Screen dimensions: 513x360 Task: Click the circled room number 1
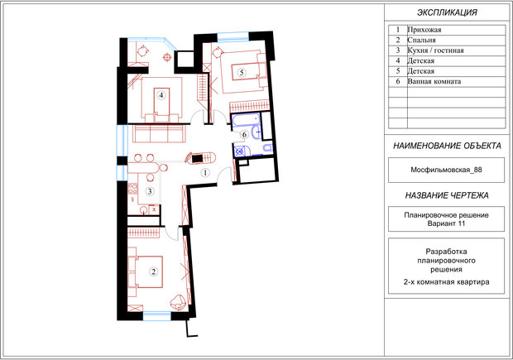click(205, 172)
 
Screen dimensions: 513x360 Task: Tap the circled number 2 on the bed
click(153, 271)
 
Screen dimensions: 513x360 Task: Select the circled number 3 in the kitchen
click(150, 191)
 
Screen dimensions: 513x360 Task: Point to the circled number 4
click(161, 95)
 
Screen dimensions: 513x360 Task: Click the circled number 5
click(242, 72)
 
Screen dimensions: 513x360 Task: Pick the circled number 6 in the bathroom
click(244, 135)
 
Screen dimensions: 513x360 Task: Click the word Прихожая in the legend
click(424, 30)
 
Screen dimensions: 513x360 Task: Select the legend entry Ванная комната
click(434, 81)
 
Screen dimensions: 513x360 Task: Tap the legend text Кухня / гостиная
click(435, 50)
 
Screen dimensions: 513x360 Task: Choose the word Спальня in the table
click(421, 41)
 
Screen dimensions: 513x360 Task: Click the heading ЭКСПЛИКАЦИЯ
click(447, 12)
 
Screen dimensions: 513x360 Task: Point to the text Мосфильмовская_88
click(446, 170)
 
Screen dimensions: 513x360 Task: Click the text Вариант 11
click(446, 223)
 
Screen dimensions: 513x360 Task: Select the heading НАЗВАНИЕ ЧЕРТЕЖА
click(447, 195)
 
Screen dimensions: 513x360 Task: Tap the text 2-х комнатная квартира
click(446, 281)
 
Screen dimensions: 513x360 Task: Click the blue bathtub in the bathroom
click(247, 120)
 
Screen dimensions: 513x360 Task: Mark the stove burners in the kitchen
click(132, 189)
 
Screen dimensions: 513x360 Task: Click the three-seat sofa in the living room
click(159, 133)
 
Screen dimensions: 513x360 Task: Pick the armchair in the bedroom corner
click(179, 302)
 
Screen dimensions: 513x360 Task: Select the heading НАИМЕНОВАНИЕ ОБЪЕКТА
click(447, 146)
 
